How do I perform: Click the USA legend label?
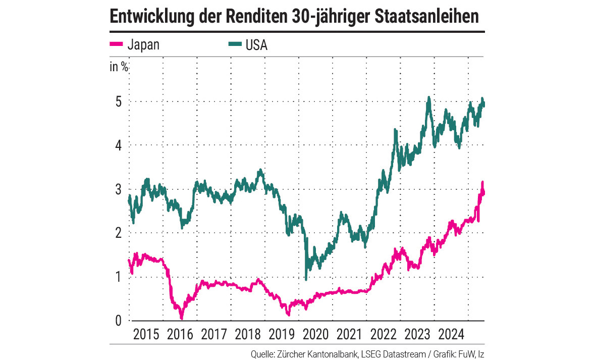(256, 45)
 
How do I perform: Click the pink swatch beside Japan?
(117, 45)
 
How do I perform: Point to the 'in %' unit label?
(119, 67)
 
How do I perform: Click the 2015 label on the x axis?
(145, 334)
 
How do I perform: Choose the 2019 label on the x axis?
(281, 334)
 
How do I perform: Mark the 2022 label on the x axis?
(383, 334)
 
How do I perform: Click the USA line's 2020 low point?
(306, 279)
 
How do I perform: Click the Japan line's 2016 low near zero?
(182, 318)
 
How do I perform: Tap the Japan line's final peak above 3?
(482, 182)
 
